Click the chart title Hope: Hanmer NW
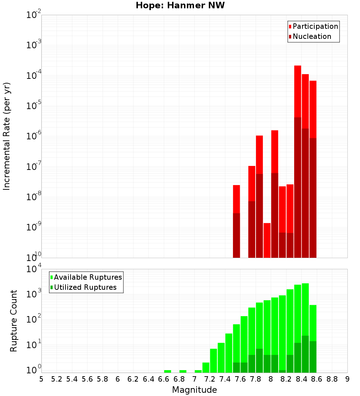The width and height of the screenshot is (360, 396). pos(180,6)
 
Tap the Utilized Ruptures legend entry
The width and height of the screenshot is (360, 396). pos(85,287)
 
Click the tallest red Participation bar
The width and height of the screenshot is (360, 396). pos(297,90)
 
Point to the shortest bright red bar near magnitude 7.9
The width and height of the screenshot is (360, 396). pos(267,240)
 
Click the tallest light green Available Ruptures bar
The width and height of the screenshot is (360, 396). pos(305,310)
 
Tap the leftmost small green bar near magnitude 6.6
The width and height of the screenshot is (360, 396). pos(167,371)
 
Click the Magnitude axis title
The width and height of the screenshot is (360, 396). pos(194,390)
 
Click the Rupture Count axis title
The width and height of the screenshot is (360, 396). pos(14,321)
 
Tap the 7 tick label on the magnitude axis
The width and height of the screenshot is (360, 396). pos(194,379)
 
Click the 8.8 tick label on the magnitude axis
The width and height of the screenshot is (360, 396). pos(332,379)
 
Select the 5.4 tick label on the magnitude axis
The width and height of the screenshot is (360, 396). pos(72,379)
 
